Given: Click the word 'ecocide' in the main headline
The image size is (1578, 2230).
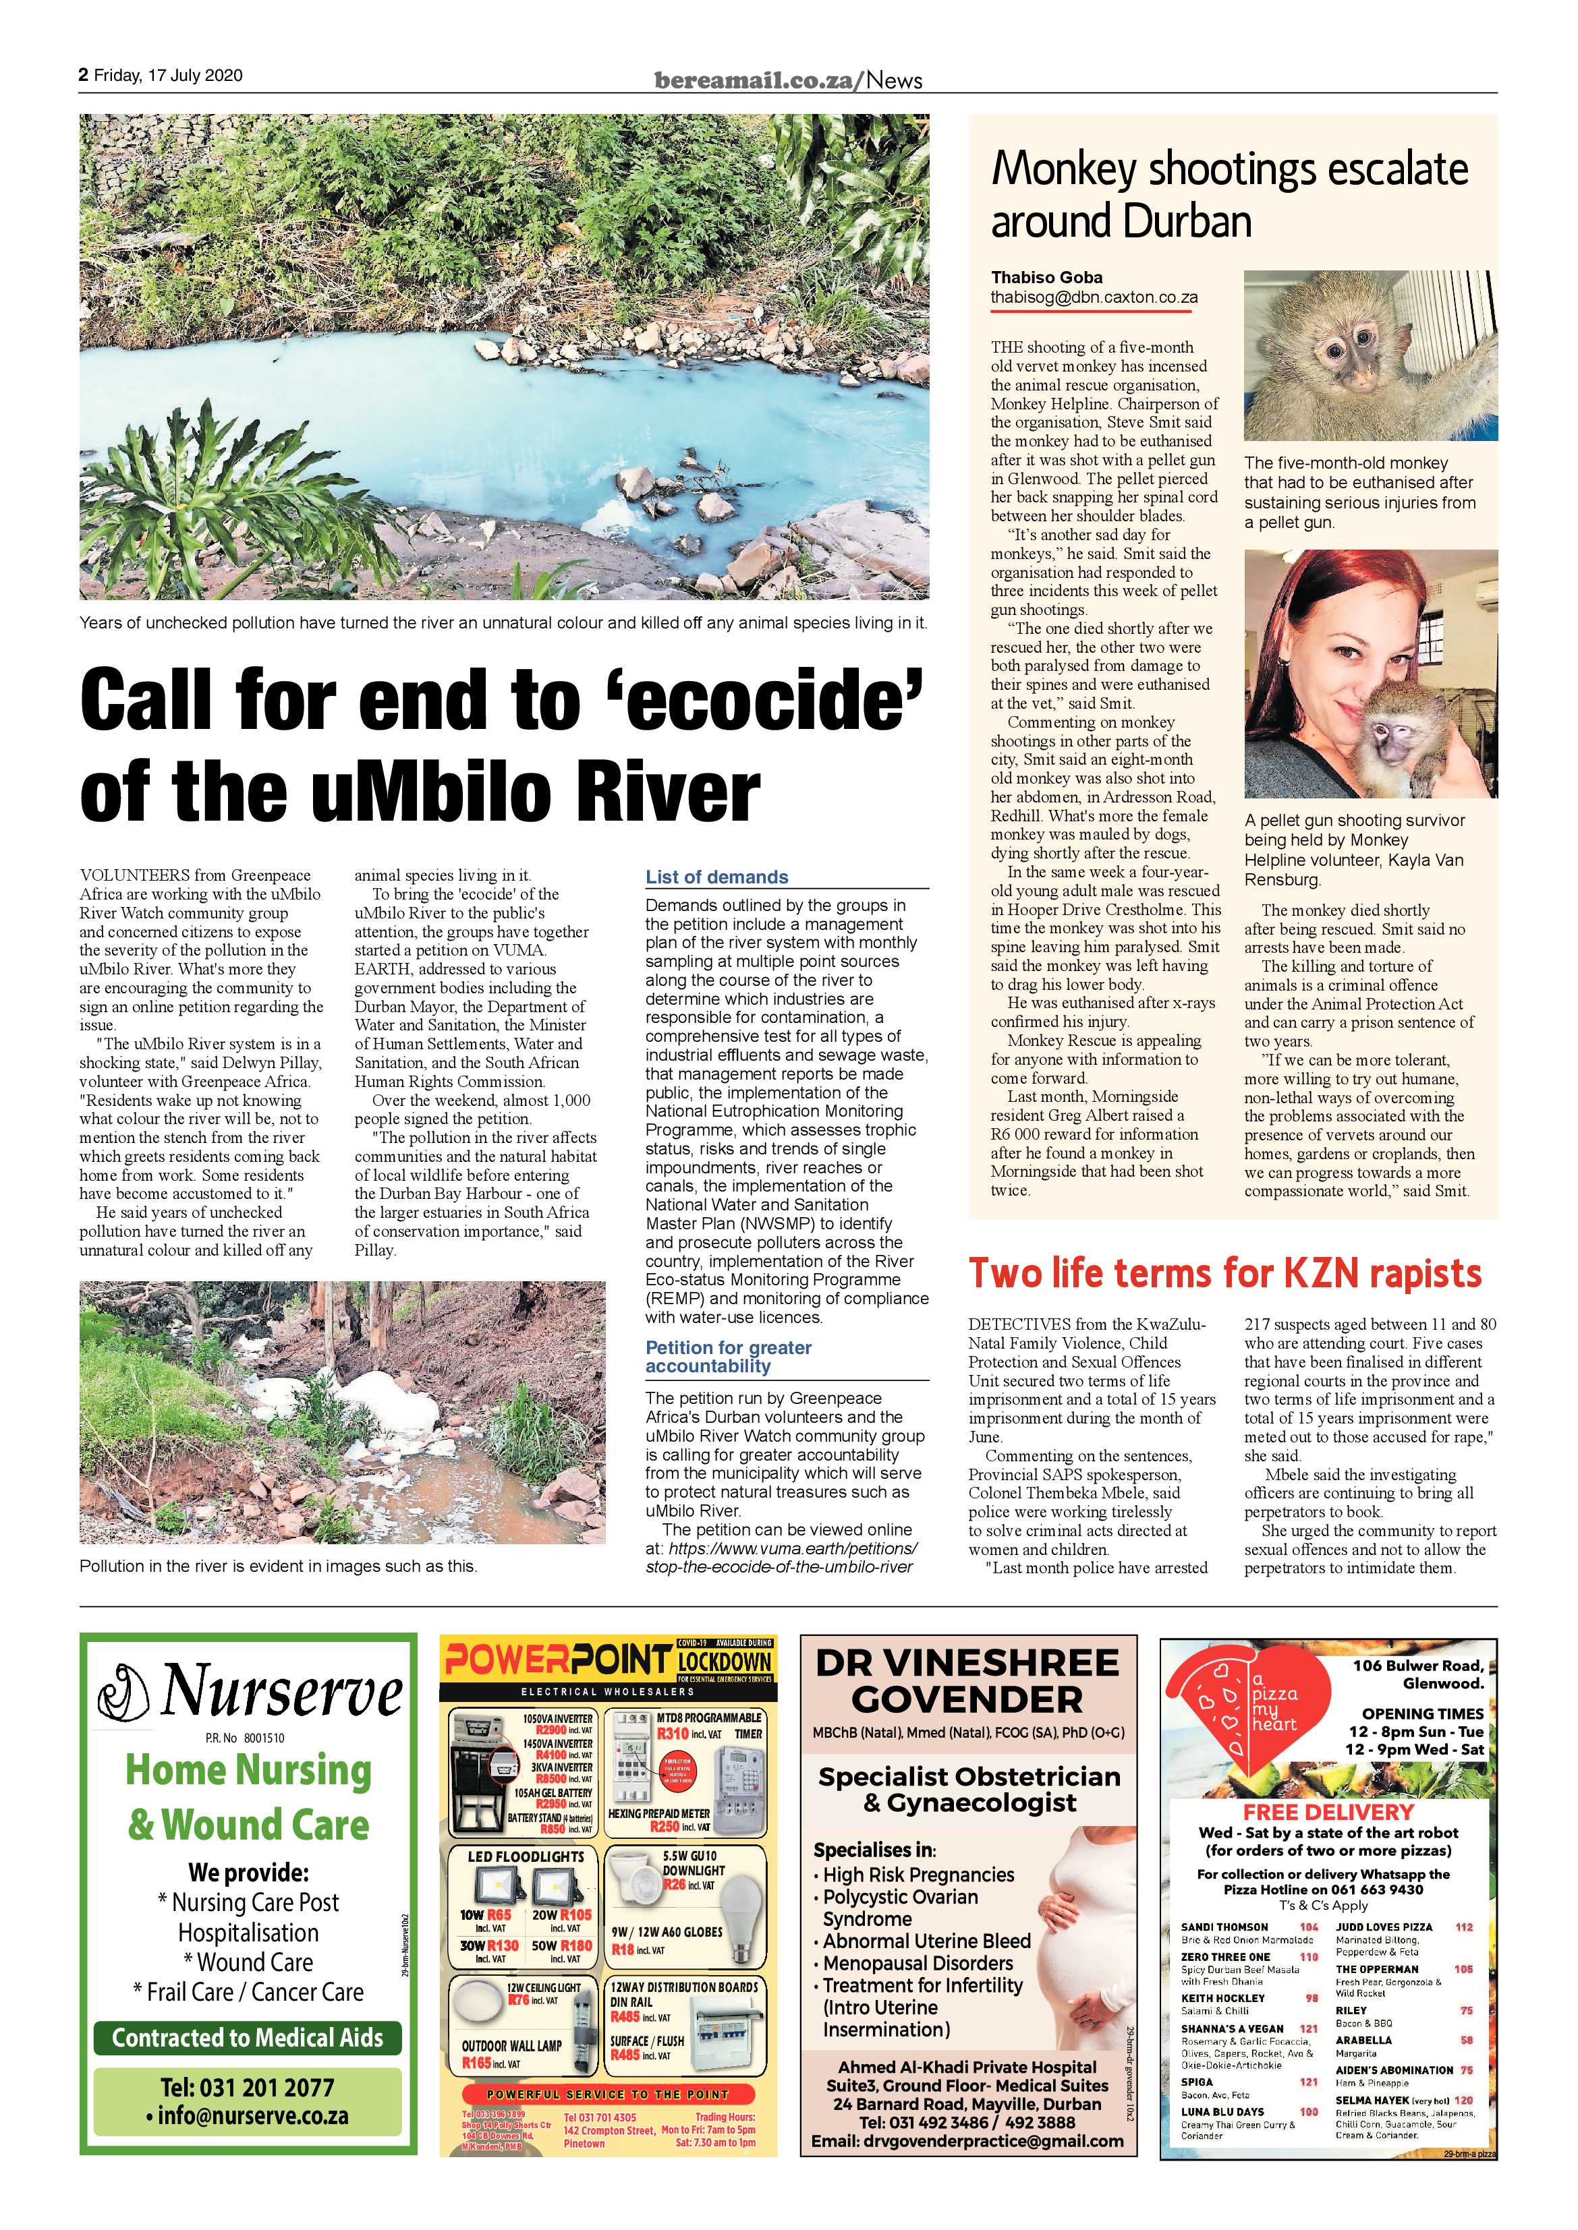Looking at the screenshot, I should (x=777, y=701).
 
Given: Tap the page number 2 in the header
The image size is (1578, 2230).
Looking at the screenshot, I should (x=84, y=76).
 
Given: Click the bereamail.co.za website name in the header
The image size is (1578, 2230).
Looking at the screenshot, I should (x=757, y=81).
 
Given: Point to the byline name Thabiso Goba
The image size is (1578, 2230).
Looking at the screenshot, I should (x=1046, y=276).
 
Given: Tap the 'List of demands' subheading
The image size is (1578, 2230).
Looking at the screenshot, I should (x=717, y=877).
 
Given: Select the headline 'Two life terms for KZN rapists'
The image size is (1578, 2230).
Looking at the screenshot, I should (x=1225, y=1272).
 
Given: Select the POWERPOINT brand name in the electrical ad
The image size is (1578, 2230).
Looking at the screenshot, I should (x=559, y=1661).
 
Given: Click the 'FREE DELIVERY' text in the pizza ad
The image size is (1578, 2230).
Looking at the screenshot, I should (x=1328, y=1811).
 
